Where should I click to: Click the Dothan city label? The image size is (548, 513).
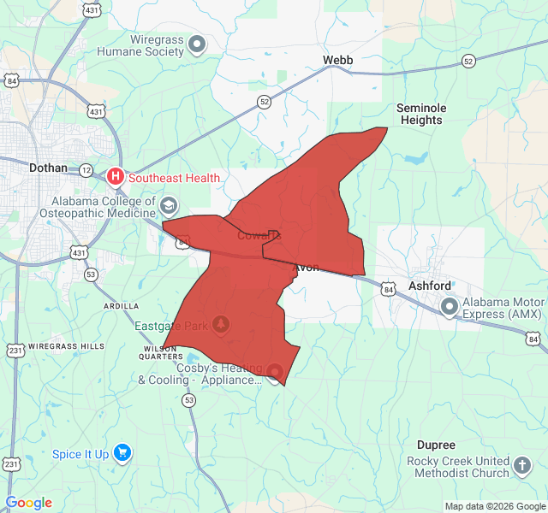48,168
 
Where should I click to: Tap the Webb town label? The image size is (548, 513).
337,60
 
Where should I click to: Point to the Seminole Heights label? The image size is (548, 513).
421,114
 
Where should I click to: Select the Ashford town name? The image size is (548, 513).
430,286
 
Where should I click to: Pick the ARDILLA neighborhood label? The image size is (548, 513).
122,305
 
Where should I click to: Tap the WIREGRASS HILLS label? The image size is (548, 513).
67,346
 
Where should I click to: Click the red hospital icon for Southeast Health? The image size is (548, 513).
116,178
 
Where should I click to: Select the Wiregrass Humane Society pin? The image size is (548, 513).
198,44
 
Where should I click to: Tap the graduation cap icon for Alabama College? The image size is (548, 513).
170,205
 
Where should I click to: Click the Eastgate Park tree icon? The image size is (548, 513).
222,325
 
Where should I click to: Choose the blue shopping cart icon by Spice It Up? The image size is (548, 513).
122,453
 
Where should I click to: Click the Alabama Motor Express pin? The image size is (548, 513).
450,306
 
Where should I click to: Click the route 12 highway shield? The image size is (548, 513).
86,170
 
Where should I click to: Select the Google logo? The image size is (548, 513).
28,503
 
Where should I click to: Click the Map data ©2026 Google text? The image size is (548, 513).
494,506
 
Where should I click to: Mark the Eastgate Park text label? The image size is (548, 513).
172,326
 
